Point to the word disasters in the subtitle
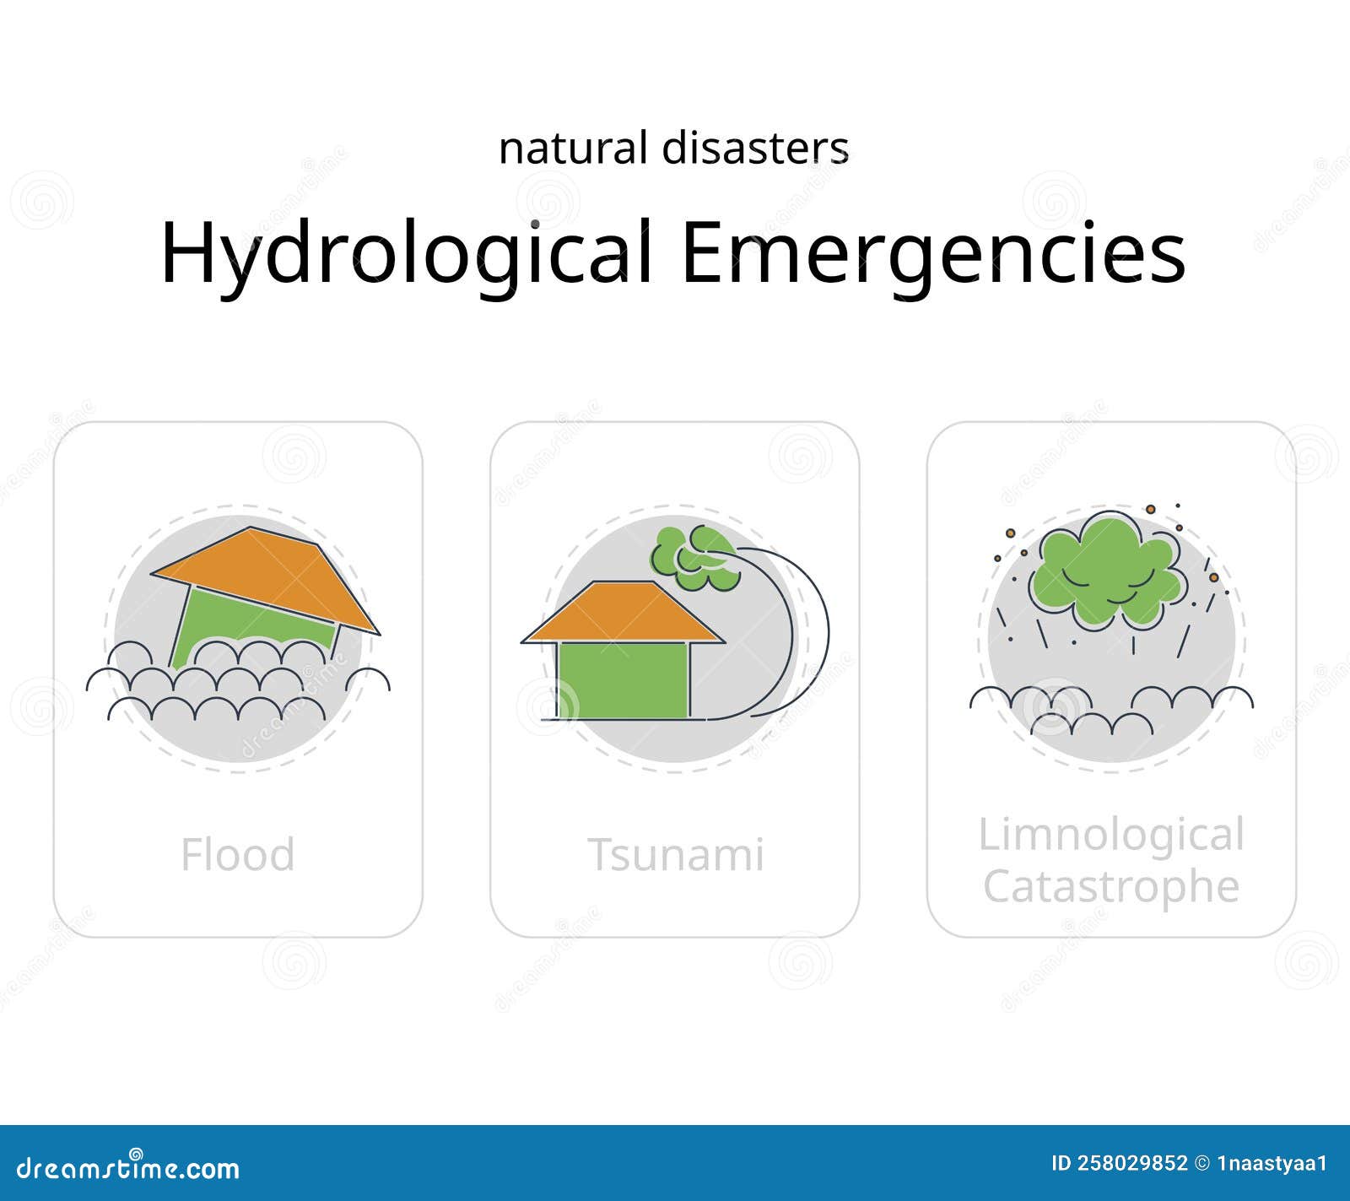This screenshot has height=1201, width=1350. coord(755,149)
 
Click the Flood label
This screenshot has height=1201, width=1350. coord(238,854)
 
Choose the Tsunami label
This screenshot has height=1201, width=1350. coord(675,854)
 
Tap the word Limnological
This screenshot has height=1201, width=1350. coord(1111,835)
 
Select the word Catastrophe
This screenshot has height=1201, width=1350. coord(1111,886)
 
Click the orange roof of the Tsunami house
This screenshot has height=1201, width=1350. coord(623,612)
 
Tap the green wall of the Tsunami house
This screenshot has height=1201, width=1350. coord(623,679)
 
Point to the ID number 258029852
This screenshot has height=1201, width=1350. coord(1131,1163)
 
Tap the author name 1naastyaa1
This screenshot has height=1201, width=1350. coord(1272,1163)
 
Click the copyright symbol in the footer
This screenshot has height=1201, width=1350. coord(1203,1163)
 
